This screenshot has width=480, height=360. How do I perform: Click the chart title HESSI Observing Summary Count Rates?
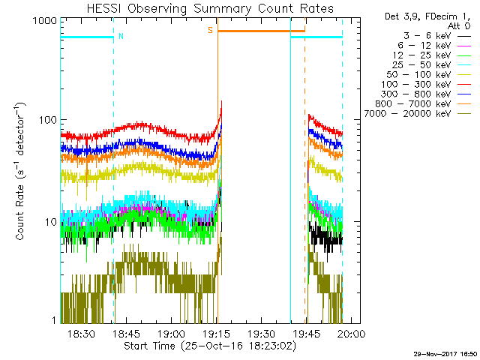(199, 9)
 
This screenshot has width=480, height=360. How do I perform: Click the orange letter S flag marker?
(210, 30)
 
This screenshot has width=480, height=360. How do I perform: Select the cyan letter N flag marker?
(121, 36)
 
